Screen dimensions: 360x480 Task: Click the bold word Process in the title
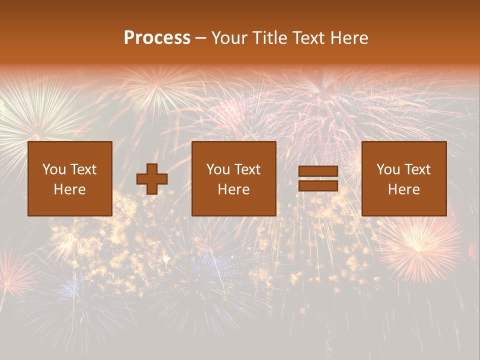(157, 38)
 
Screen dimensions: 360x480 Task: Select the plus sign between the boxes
(152, 179)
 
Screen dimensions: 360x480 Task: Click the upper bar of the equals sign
(318, 172)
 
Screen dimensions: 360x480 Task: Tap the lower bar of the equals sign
(318, 186)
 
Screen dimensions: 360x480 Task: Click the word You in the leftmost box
(54, 169)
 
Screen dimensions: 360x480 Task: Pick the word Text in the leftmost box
(83, 169)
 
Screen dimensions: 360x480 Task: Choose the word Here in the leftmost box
(69, 189)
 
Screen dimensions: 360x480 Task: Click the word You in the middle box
(218, 169)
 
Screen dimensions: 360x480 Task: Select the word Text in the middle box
(247, 169)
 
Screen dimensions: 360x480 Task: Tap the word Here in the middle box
(234, 189)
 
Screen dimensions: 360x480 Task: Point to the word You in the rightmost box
(388, 169)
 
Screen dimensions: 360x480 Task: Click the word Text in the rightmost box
(417, 169)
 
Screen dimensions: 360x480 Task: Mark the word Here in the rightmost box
(403, 189)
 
